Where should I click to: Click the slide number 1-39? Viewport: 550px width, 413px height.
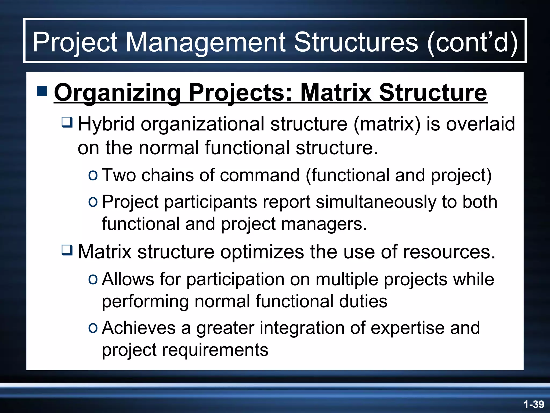pyautogui.click(x=534, y=404)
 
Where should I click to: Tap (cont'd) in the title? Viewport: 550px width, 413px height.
pyautogui.click(x=472, y=42)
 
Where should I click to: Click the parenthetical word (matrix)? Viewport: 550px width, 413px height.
pyautogui.click(x=387, y=124)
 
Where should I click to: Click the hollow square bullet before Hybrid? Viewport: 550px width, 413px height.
pyautogui.click(x=67, y=122)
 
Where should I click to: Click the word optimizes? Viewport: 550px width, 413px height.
pyautogui.click(x=262, y=252)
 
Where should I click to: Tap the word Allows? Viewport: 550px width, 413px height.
pyautogui.click(x=128, y=279)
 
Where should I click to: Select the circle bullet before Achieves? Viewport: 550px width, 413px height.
pyautogui.click(x=93, y=328)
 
